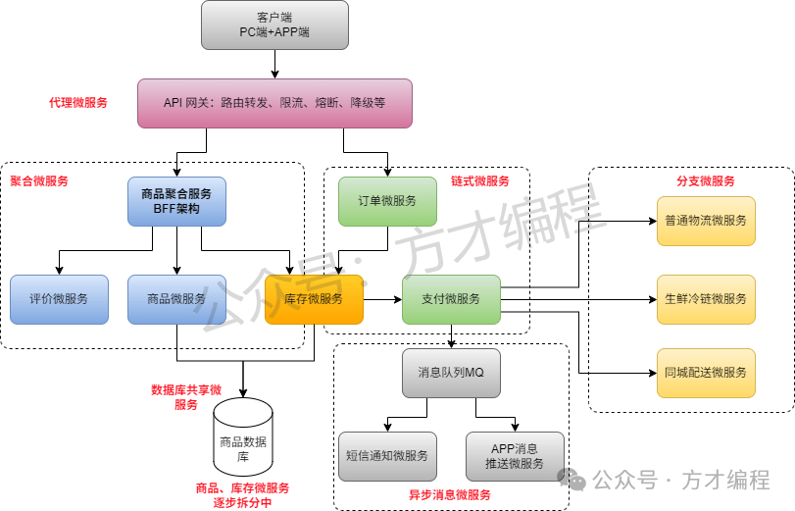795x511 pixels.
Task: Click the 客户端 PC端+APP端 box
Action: [x=274, y=25]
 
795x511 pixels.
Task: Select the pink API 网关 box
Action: [x=274, y=103]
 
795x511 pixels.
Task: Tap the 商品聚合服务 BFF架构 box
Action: [x=176, y=201]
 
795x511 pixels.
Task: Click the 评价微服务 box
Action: [x=59, y=299]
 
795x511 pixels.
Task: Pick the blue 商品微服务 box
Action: [x=176, y=299]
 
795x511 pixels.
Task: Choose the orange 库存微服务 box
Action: [x=314, y=299]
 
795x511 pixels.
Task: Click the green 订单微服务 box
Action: [x=387, y=201]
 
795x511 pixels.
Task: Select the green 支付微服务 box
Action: [x=451, y=299]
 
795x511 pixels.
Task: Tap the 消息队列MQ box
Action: [x=451, y=373]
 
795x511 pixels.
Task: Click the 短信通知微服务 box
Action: [x=387, y=456]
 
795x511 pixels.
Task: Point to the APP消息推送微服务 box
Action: [x=515, y=456]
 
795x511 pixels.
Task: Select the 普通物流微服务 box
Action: [x=706, y=221]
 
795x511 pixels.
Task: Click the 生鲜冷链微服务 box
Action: [x=706, y=299]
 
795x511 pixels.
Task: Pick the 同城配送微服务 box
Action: [x=706, y=373]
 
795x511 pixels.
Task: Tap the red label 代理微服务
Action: [x=78, y=103]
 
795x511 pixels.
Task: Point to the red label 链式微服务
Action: [x=480, y=181]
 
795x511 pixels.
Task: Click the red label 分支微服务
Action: [x=706, y=181]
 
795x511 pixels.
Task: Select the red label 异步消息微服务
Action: [x=450, y=495]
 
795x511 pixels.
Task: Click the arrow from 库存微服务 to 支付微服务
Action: [x=382, y=299]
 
